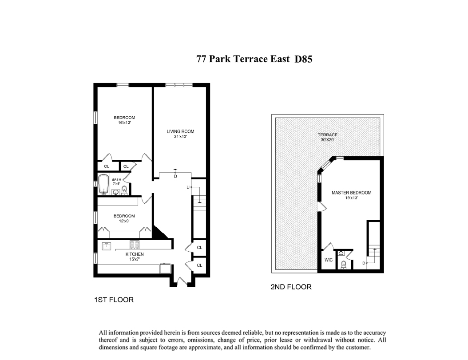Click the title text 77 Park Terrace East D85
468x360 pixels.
(x=254, y=59)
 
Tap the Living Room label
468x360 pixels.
(x=180, y=131)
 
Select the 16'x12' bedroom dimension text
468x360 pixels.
(x=124, y=123)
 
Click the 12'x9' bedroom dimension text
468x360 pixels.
(x=124, y=221)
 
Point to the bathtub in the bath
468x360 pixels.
(x=103, y=185)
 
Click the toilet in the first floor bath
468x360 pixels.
(x=124, y=190)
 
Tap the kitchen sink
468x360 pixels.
(x=107, y=246)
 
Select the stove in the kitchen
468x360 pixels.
(x=135, y=245)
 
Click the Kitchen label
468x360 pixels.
(x=135, y=254)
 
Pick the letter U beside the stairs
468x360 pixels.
(x=188, y=187)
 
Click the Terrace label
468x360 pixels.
(x=327, y=135)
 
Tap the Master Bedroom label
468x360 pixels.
(x=352, y=193)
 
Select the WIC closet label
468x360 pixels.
(x=329, y=260)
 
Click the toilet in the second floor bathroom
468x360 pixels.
(x=344, y=264)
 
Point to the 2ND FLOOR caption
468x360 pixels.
(x=291, y=287)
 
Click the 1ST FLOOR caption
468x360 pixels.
(x=114, y=300)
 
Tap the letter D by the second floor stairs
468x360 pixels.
(x=364, y=263)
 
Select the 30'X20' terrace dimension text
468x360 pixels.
(x=327, y=139)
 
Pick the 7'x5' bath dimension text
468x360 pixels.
(x=116, y=184)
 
